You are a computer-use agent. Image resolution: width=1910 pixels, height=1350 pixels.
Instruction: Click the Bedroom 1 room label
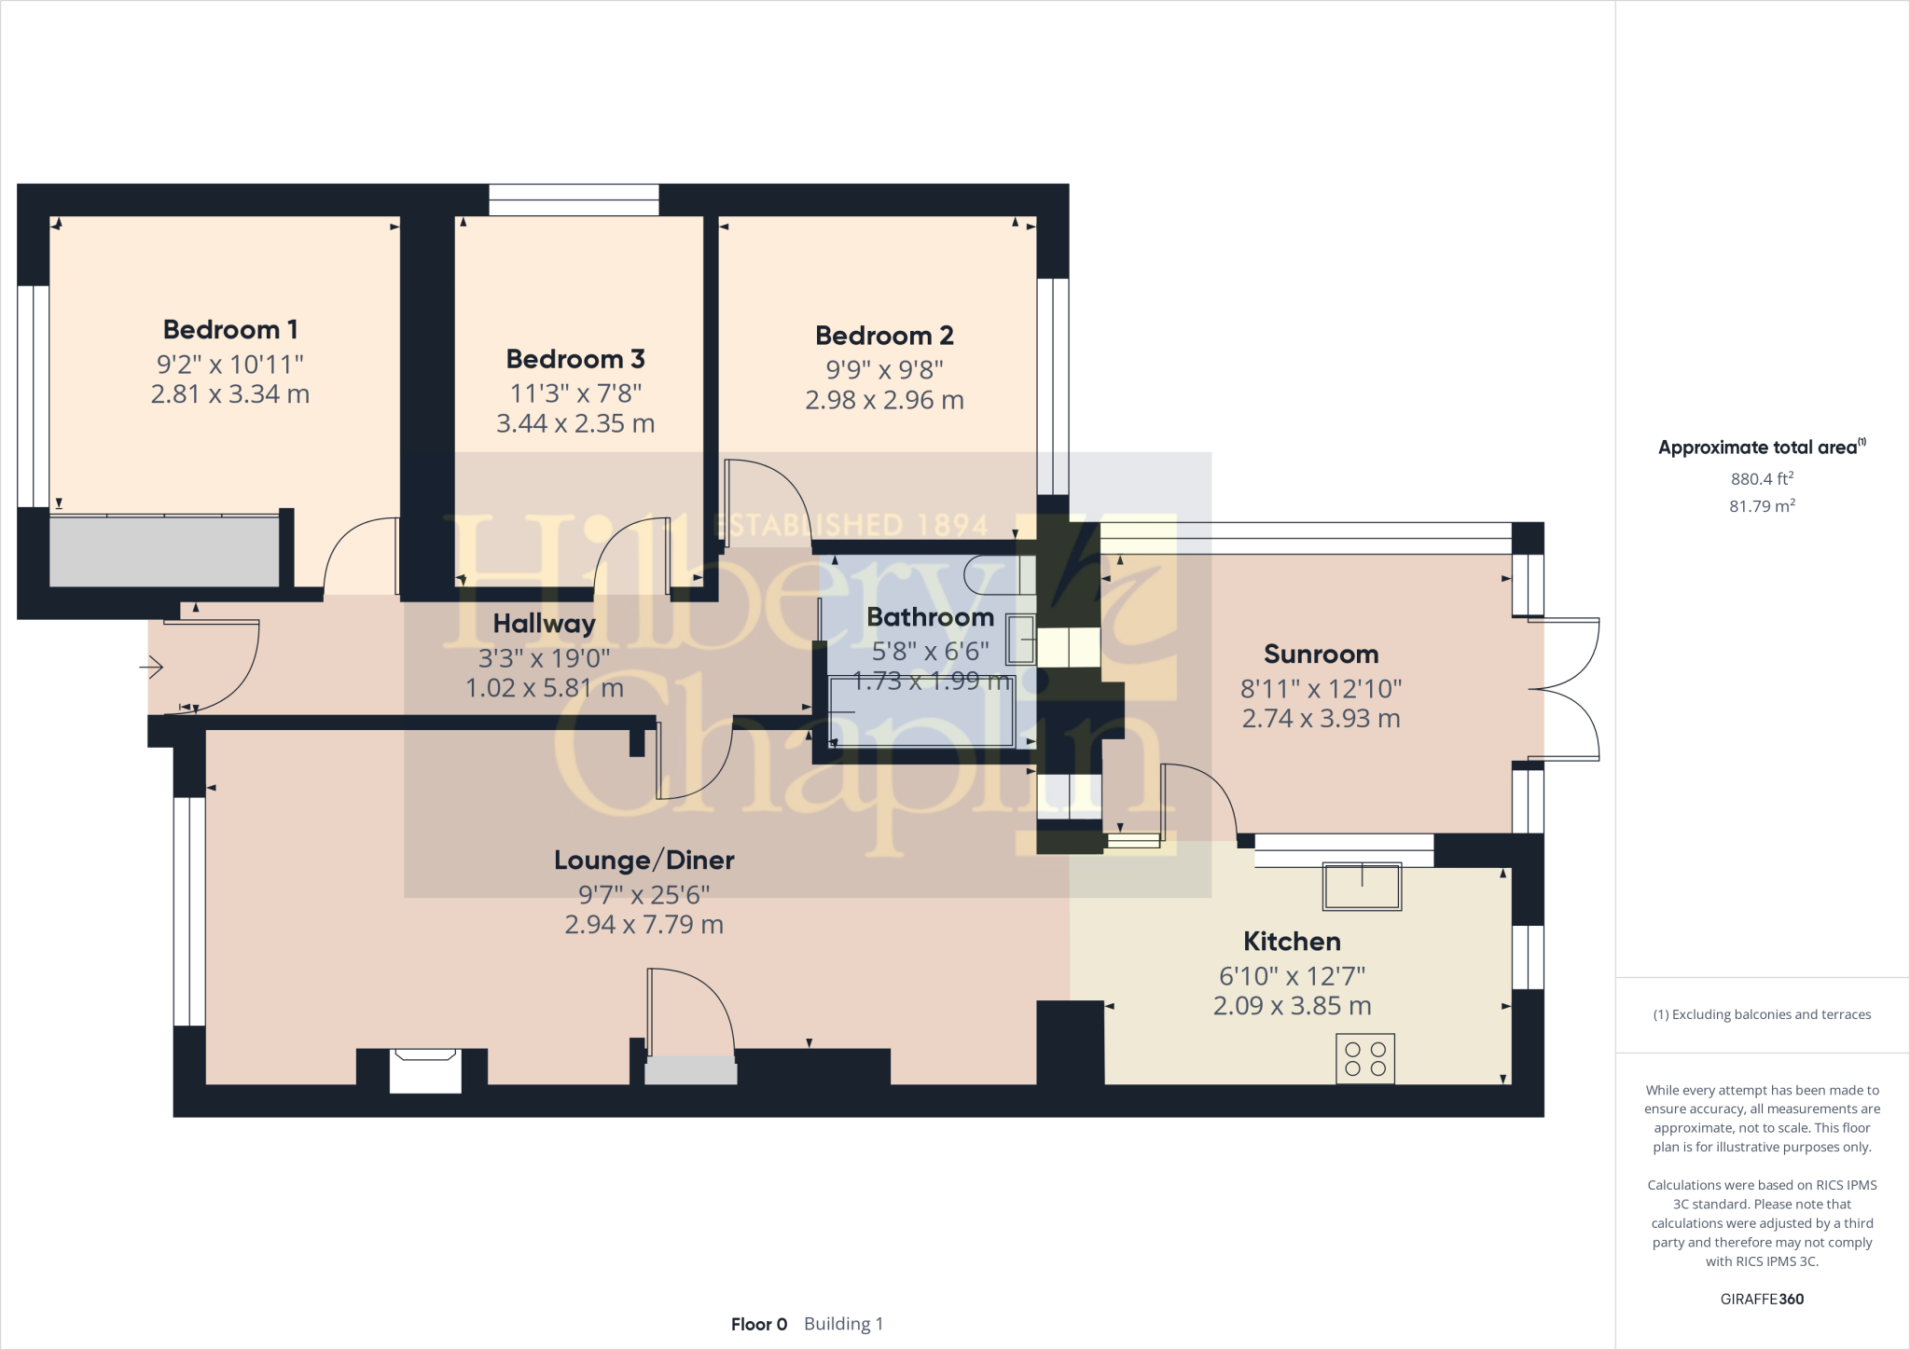click(x=230, y=329)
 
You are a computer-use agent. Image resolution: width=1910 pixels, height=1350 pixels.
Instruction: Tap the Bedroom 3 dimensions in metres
click(x=575, y=423)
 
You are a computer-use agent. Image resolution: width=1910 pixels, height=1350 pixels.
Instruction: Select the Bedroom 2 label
click(x=884, y=336)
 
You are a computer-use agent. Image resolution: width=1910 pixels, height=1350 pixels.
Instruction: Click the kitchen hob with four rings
click(x=1365, y=1058)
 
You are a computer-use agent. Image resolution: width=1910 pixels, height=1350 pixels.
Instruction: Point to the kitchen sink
click(x=1362, y=887)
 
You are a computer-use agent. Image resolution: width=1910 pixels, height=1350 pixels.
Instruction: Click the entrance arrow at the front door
click(x=152, y=667)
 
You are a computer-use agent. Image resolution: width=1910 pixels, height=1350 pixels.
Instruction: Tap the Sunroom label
click(x=1321, y=654)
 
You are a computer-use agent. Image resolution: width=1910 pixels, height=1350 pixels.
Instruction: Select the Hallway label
click(x=544, y=624)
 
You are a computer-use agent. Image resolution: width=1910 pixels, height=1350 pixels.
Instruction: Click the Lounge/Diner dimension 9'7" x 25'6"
click(x=644, y=894)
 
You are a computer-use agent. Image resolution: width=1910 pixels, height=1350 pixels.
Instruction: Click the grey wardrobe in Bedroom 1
click(x=164, y=551)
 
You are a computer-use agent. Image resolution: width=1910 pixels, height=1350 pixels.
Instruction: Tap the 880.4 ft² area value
click(x=1762, y=478)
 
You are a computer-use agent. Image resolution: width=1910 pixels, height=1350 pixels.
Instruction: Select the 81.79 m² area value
click(x=1762, y=506)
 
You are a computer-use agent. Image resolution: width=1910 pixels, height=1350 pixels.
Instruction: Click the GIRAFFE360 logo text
click(x=1762, y=1299)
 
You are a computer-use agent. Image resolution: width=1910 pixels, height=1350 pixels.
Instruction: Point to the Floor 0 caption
click(x=759, y=1324)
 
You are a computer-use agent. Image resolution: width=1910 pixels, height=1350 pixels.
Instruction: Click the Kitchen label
click(x=1292, y=942)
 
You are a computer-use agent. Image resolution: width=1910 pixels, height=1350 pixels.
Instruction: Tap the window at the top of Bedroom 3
click(x=574, y=200)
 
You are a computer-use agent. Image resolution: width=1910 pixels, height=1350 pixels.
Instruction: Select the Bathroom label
click(x=930, y=617)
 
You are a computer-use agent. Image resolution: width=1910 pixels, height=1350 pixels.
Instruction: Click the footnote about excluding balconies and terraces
click(x=1762, y=1014)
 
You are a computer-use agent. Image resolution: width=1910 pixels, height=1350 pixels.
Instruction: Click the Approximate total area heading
click(x=1762, y=448)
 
